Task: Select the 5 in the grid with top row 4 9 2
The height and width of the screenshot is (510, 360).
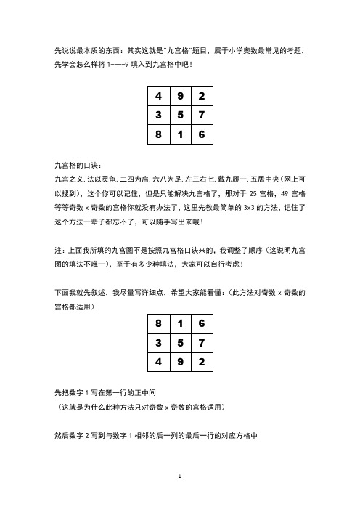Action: [179, 116]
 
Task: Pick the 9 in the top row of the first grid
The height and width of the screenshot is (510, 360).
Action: [179, 97]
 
